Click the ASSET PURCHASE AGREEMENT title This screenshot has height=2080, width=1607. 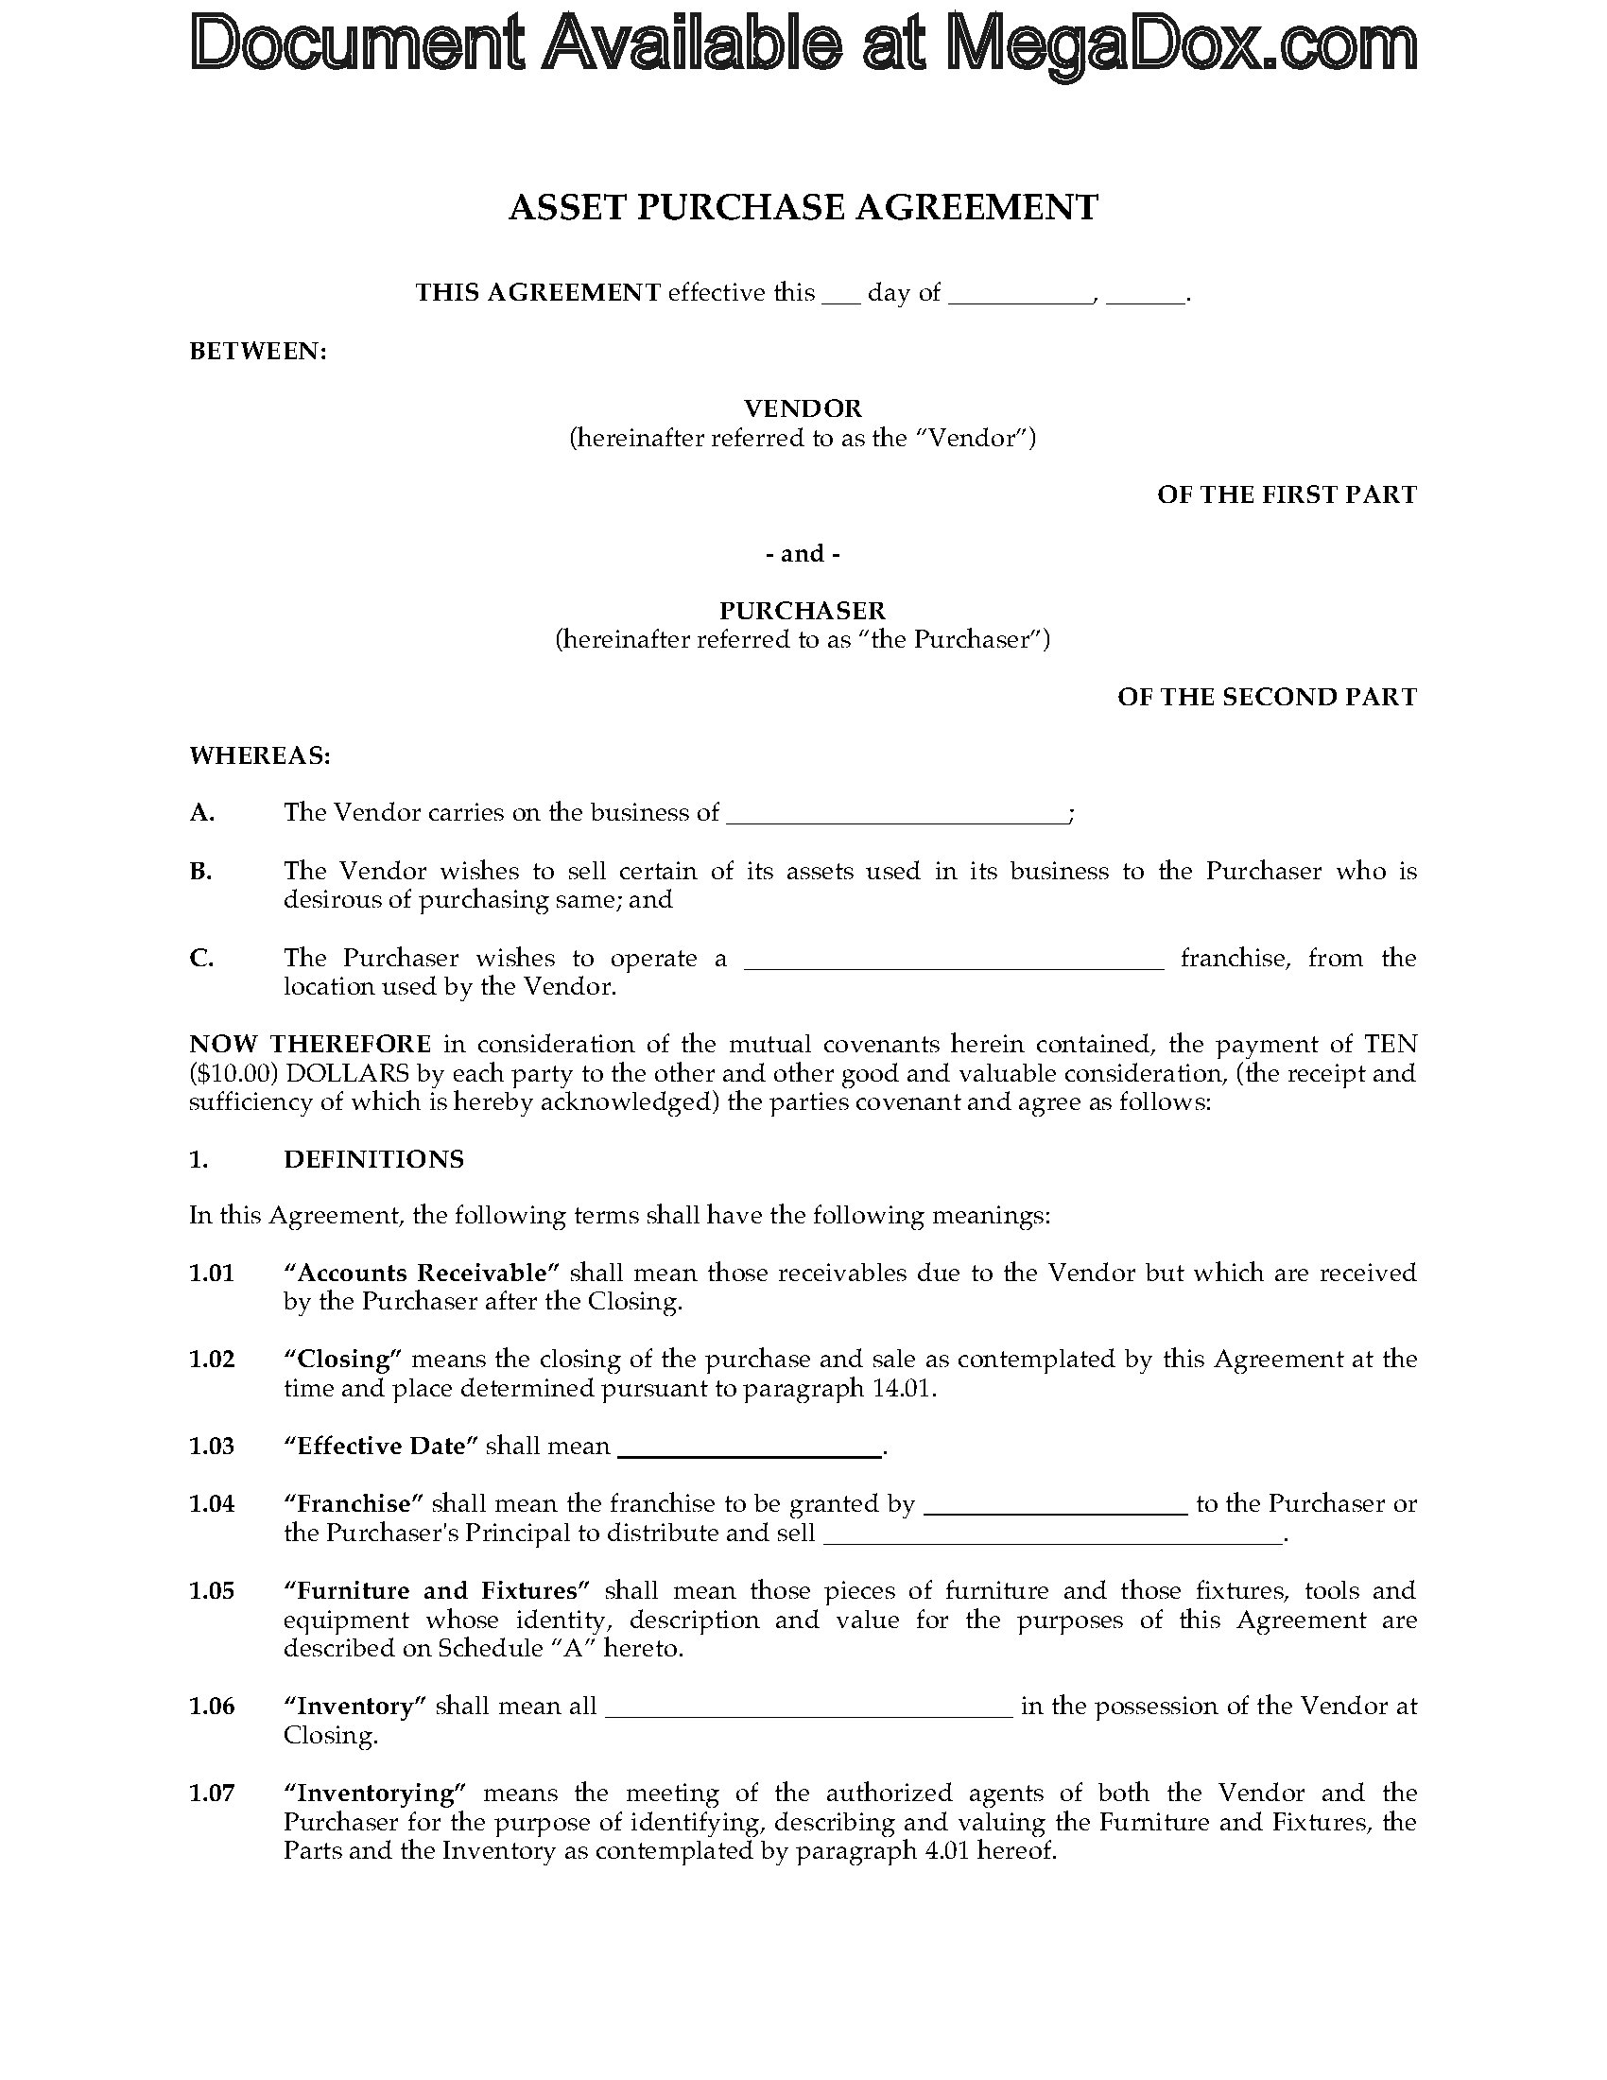[x=803, y=207]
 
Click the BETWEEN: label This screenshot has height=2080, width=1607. [x=258, y=352]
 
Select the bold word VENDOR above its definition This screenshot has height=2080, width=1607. [x=803, y=408]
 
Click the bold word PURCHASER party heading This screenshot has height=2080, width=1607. [x=803, y=610]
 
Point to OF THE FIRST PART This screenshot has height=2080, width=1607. [x=1287, y=494]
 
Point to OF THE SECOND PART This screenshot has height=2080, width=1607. [x=1266, y=697]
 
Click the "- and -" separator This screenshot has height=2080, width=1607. [x=803, y=553]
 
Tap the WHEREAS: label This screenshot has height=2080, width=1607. [x=260, y=755]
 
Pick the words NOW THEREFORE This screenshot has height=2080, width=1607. [x=310, y=1044]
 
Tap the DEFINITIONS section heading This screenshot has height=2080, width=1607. [x=373, y=1159]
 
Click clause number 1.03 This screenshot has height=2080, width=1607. [x=212, y=1446]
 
